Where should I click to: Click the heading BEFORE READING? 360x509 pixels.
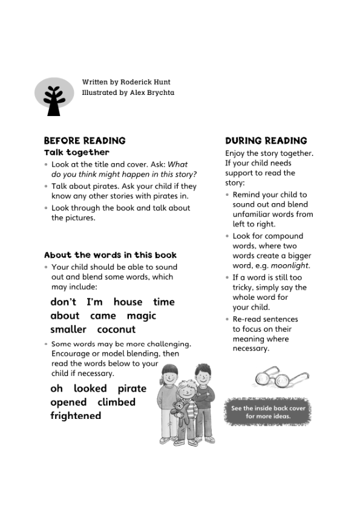click(85, 140)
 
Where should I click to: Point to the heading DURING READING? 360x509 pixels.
click(266, 140)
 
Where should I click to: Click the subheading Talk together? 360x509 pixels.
click(77, 152)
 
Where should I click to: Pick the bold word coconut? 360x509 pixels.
click(116, 329)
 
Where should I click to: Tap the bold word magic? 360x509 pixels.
click(142, 316)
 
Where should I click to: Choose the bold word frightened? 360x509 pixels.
click(76, 416)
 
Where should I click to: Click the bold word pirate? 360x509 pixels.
click(132, 388)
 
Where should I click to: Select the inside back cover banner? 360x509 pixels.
click(269, 412)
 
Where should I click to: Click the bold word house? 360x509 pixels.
click(128, 302)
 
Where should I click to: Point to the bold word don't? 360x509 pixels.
click(63, 302)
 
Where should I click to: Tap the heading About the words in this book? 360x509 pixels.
click(110, 255)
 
